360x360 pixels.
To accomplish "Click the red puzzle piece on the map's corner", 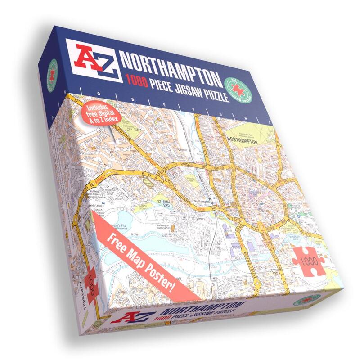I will coord(308,260).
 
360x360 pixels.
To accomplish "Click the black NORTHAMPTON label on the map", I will coord(243,141).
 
